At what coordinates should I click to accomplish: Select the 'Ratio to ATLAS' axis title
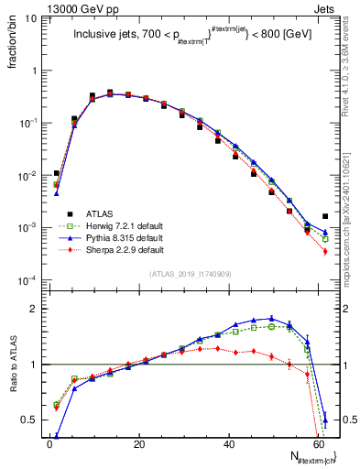tap(11, 366)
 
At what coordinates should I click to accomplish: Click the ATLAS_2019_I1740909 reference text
tap(190, 274)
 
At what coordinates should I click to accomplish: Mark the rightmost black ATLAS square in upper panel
tap(325, 216)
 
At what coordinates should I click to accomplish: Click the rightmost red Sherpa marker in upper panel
tap(325, 251)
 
